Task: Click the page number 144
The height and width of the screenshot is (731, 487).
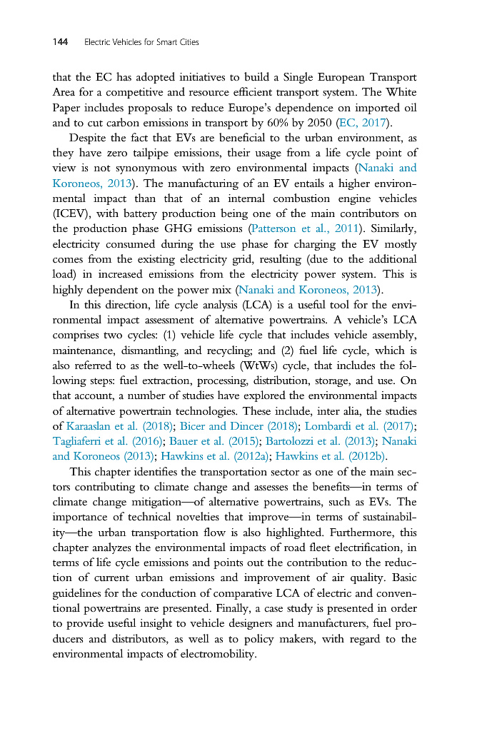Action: pos(60,43)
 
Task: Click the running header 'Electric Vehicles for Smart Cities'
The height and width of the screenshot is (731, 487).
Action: pos(141,43)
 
